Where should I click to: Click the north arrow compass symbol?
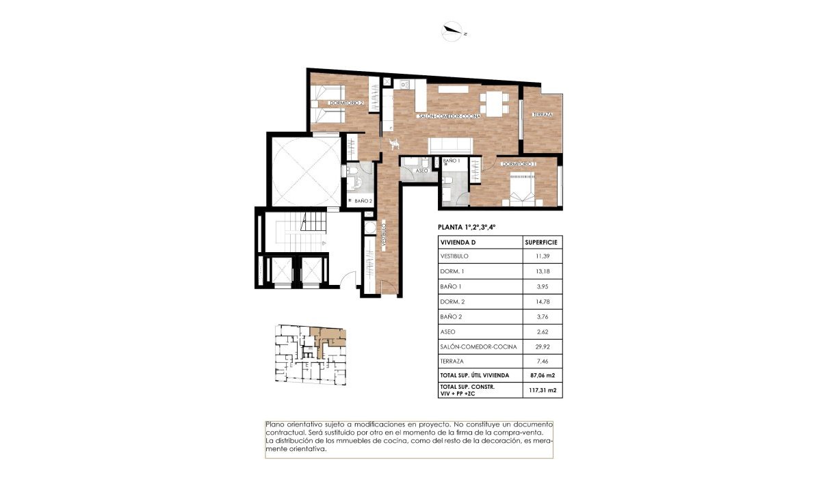point(454,30)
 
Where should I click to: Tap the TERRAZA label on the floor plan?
point(542,115)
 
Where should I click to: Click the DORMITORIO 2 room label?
point(346,103)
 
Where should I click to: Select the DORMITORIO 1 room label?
point(518,164)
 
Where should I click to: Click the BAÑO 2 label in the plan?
point(363,201)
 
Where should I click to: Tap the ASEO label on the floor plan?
point(422,171)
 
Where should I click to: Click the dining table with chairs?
point(493,103)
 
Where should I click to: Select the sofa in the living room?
point(450,145)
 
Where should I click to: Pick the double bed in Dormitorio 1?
point(523,189)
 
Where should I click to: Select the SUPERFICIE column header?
point(541,242)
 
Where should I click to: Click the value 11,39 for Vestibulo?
point(541,256)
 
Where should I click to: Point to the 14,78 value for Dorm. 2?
point(541,301)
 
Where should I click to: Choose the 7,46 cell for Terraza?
point(541,361)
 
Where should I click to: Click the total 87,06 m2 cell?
point(541,375)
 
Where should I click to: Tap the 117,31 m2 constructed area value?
point(541,391)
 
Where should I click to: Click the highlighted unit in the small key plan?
point(330,338)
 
